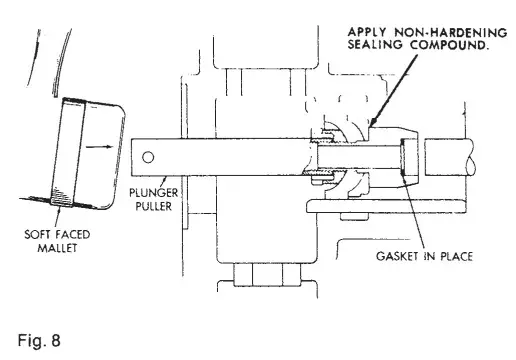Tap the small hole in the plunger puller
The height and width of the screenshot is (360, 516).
coord(148,157)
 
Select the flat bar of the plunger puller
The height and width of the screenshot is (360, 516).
coord(220,158)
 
